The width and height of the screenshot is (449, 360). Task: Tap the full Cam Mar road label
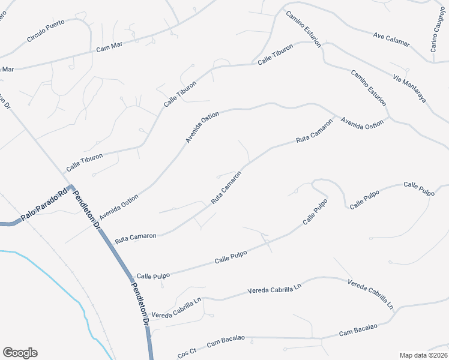pyautogui.click(x=109, y=46)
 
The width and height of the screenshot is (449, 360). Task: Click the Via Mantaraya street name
pyautogui.click(x=409, y=88)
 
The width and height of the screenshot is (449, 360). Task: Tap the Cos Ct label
pyautogui.click(x=187, y=350)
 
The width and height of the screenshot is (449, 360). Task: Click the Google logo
pyautogui.click(x=20, y=353)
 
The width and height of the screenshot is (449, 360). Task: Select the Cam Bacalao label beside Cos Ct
pyautogui.click(x=227, y=341)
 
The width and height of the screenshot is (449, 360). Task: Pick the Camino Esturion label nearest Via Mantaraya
pyautogui.click(x=368, y=88)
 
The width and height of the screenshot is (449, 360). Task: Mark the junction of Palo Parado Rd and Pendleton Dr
pyautogui.click(x=70, y=188)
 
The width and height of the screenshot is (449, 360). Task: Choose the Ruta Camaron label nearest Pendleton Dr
pyautogui.click(x=136, y=238)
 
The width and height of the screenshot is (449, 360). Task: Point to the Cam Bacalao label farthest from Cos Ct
pyautogui.click(x=358, y=329)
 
